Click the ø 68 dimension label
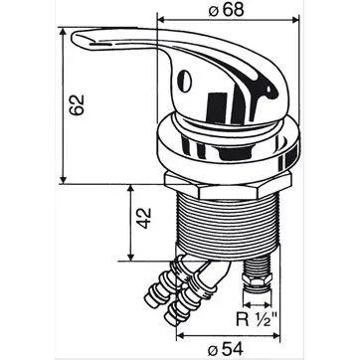click(x=226, y=11)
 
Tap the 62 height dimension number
click(x=77, y=105)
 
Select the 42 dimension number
click(x=144, y=218)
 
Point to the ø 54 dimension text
click(x=225, y=349)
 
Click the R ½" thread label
click(x=257, y=320)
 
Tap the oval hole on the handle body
click(x=183, y=81)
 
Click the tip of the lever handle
click(x=73, y=37)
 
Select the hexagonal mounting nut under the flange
click(x=228, y=186)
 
